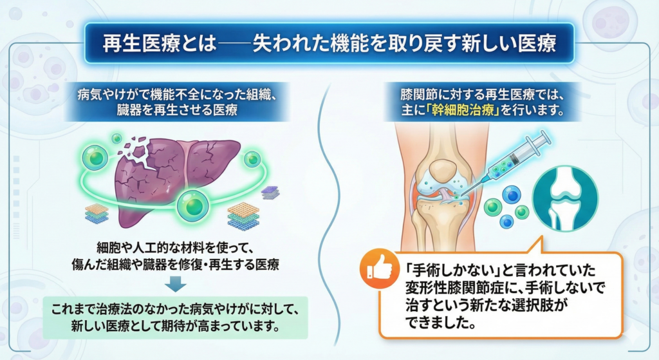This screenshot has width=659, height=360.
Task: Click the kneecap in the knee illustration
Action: (442, 169)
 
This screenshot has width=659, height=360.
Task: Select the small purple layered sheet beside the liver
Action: (271, 192)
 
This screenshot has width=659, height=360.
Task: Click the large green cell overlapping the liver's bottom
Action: (194, 205)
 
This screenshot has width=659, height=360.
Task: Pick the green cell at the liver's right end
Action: (252, 158)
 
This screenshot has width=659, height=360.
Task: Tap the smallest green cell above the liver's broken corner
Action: (116, 138)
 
